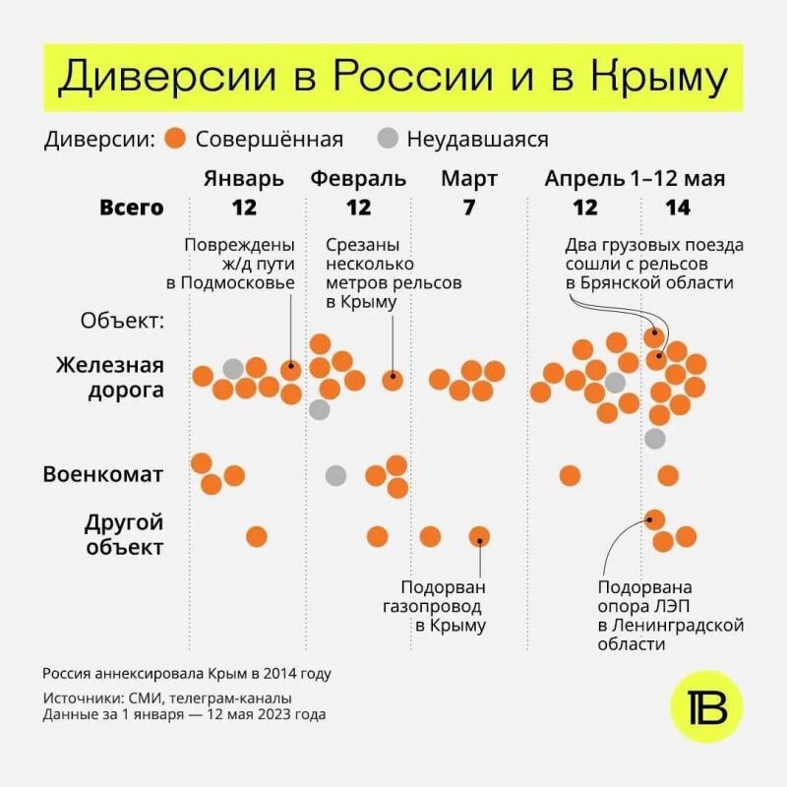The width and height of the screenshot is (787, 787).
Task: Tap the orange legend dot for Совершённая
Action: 176,139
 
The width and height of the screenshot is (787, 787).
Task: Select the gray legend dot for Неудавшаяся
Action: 388,139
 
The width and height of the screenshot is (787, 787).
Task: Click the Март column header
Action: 469,179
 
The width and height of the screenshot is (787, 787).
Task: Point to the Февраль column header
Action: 358,179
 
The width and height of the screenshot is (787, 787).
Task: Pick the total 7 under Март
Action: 469,208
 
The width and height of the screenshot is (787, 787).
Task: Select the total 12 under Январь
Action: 244,208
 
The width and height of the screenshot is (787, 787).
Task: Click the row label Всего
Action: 131,208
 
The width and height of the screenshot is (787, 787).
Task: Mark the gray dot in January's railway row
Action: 233,369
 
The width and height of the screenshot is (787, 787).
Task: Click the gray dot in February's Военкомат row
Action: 335,475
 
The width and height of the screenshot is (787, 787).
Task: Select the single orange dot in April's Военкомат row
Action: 570,475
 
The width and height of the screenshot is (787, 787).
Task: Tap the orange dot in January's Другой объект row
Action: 257,536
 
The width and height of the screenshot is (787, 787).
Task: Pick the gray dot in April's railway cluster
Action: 616,383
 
